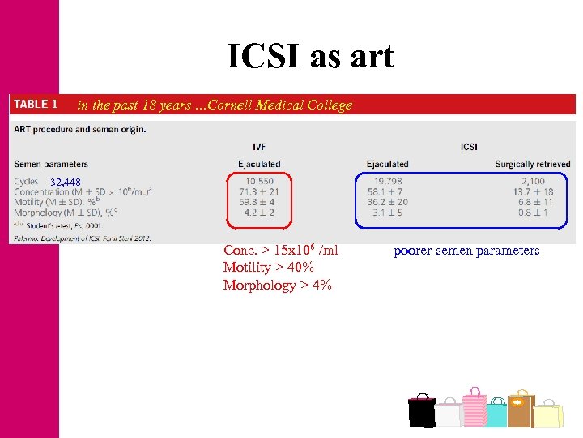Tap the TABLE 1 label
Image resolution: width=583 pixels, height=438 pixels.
[36, 104]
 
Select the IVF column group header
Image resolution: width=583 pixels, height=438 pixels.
[260, 147]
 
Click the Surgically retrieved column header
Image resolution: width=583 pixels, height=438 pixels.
[532, 164]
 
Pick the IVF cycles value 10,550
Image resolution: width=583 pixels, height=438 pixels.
[260, 181]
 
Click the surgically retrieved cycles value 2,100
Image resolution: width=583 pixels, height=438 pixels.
[532, 181]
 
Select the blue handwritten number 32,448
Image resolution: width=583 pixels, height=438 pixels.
[65, 181]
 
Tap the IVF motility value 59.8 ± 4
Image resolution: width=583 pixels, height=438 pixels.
[260, 202]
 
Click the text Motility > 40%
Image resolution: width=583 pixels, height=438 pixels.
[269, 268]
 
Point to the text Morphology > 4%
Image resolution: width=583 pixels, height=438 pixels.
[277, 285]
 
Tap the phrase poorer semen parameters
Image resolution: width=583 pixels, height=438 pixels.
[466, 251]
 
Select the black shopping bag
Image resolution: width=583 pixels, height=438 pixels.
[421, 411]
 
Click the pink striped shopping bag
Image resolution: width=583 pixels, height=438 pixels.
[474, 406]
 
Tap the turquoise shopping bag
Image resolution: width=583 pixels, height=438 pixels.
[496, 414]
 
